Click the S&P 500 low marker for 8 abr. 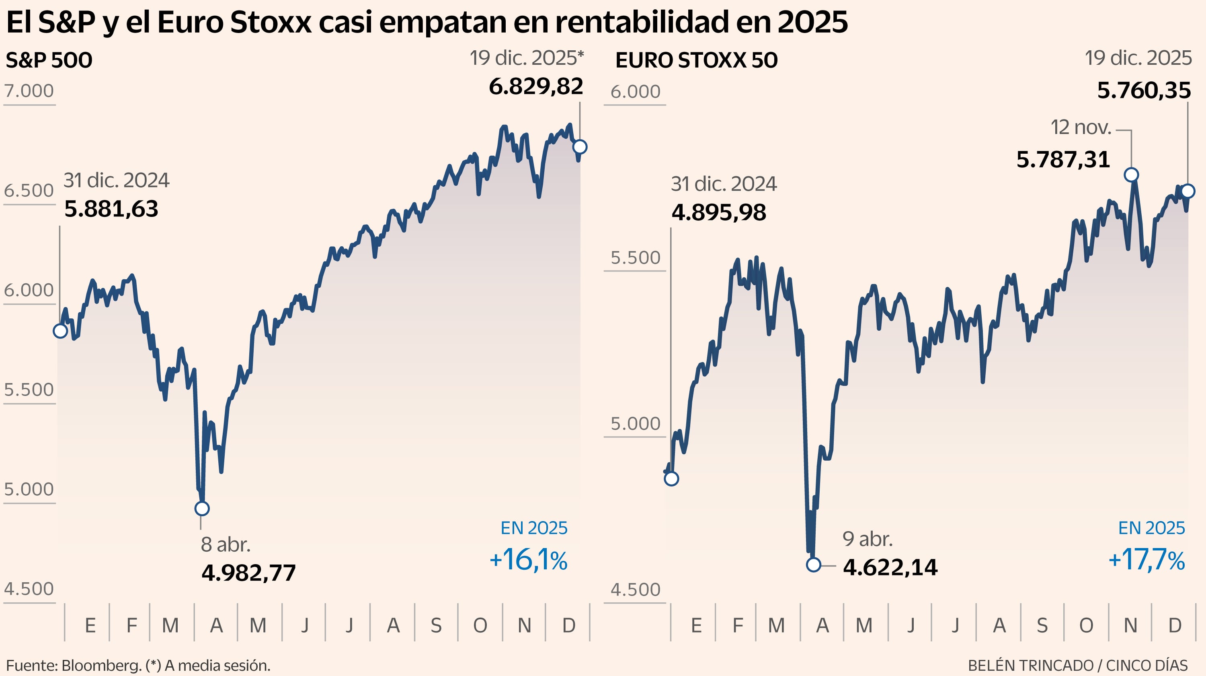pyautogui.click(x=202, y=508)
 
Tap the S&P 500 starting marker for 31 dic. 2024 pyautogui.click(x=60, y=331)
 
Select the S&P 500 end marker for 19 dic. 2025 pyautogui.click(x=580, y=146)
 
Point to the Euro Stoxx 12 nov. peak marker pyautogui.click(x=1131, y=175)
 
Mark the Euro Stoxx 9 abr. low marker pyautogui.click(x=814, y=565)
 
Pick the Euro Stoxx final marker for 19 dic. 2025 pyautogui.click(x=1188, y=191)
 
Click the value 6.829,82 pyautogui.click(x=535, y=87)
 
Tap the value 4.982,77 pyautogui.click(x=248, y=573)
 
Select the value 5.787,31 pyautogui.click(x=1063, y=160)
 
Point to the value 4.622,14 pyautogui.click(x=890, y=567)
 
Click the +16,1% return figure pyautogui.click(x=528, y=560)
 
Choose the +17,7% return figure pyautogui.click(x=1147, y=560)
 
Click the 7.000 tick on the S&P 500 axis pyautogui.click(x=29, y=91)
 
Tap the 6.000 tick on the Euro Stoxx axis pyautogui.click(x=635, y=91)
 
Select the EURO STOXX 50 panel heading pyautogui.click(x=696, y=60)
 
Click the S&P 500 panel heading pyautogui.click(x=49, y=60)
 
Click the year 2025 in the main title pyautogui.click(x=812, y=22)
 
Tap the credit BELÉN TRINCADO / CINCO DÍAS pyautogui.click(x=1077, y=665)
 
